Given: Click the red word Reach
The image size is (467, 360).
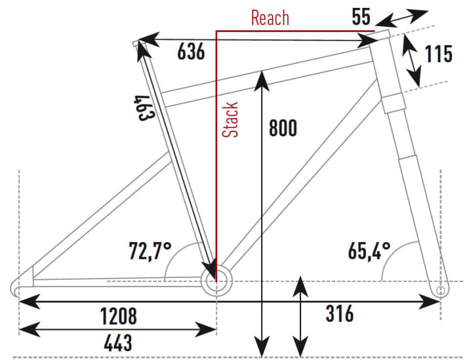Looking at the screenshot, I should (270, 18).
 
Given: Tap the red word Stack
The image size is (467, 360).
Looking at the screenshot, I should (231, 119).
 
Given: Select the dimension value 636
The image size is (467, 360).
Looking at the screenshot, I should (191, 52).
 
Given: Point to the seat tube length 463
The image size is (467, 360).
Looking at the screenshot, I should (143, 109).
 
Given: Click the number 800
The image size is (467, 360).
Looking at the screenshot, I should (283, 128).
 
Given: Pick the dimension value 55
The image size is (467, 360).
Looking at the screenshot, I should (361, 16).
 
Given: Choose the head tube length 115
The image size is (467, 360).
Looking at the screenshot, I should (438, 54).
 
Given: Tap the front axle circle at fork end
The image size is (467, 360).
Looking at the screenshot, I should (440, 289).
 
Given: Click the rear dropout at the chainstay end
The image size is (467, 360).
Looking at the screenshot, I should (19, 286).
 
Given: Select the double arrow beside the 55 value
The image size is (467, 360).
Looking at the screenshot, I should (403, 16).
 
